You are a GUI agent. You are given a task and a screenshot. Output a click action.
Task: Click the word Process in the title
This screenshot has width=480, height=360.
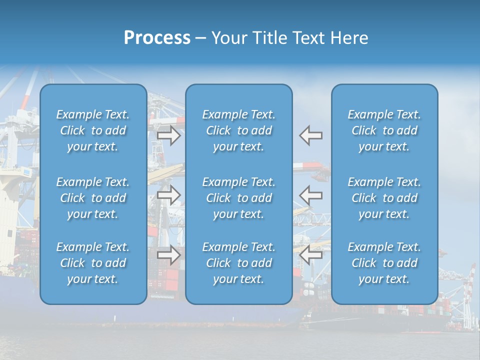[x=157, y=38]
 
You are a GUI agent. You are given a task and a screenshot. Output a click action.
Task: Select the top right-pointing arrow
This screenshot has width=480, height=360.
[x=169, y=135]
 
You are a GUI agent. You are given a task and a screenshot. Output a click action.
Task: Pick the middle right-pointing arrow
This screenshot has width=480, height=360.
[x=169, y=195]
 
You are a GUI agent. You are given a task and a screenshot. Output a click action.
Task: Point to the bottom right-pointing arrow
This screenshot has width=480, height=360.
[x=169, y=255]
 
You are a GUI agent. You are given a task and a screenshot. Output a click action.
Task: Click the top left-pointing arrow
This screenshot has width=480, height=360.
[x=310, y=135]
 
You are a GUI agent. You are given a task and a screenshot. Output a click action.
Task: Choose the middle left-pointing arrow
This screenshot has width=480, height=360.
[x=310, y=195]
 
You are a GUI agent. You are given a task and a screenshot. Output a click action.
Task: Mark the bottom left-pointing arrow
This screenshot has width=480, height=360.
[x=310, y=255]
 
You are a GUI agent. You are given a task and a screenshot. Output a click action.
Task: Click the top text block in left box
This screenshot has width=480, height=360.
[x=93, y=130]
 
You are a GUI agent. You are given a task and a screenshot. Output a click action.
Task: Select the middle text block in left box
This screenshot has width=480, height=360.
[x=93, y=198]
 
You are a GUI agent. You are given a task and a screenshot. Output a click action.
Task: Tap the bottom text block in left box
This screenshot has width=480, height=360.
[x=93, y=263]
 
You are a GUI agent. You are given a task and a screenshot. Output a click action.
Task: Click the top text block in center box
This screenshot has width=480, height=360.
[x=239, y=130]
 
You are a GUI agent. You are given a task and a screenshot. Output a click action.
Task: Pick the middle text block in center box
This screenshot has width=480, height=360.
[x=239, y=198]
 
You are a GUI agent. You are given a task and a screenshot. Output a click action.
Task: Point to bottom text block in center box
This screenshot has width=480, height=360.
[x=239, y=263]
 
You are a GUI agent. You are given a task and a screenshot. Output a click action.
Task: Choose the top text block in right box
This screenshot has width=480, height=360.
[x=384, y=130]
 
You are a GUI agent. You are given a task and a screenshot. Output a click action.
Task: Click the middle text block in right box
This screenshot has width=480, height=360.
[x=384, y=198]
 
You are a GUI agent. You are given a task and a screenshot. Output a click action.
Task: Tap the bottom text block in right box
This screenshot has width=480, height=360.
[x=384, y=263]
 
